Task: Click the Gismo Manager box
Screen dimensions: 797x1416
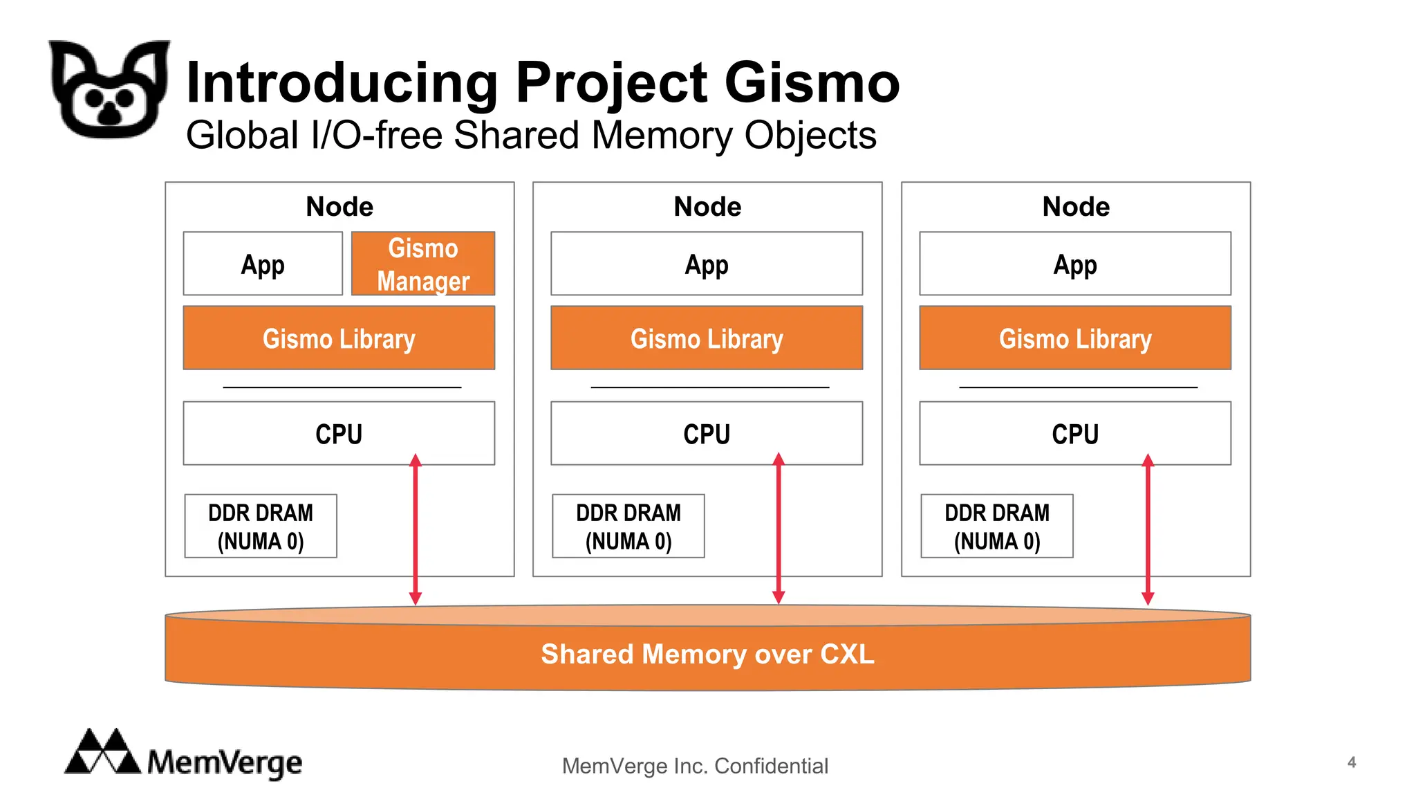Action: tap(423, 264)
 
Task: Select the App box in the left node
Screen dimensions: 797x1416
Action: tap(263, 264)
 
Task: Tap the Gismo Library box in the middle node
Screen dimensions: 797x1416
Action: tap(707, 338)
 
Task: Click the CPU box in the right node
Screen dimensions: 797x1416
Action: tap(1075, 433)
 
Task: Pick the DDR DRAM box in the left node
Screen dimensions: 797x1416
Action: tap(261, 526)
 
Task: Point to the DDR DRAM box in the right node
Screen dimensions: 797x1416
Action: tap(997, 526)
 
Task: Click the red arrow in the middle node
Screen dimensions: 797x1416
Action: tap(779, 529)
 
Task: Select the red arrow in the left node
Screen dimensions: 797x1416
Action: tap(416, 529)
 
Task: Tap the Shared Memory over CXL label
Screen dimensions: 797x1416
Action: tap(707, 654)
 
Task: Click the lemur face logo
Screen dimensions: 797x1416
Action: tap(109, 89)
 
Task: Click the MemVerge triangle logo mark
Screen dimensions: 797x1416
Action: tap(102, 752)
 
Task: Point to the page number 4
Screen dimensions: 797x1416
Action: tap(1352, 762)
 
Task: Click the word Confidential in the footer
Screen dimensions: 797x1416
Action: tap(771, 766)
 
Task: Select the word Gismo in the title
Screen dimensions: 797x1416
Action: tap(812, 82)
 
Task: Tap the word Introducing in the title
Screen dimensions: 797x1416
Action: tap(342, 82)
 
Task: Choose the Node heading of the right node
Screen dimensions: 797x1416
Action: tap(1076, 206)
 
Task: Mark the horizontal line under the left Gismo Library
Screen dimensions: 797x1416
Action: tap(342, 387)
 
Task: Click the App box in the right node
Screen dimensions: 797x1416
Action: tap(1075, 264)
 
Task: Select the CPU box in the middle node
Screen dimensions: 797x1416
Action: tap(707, 433)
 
